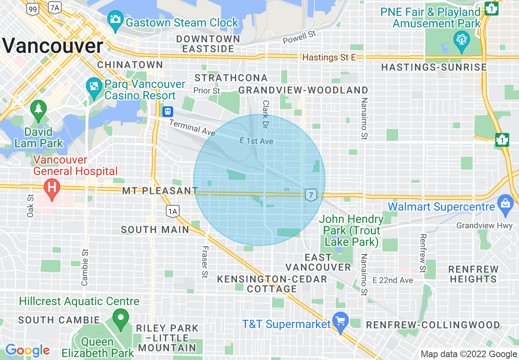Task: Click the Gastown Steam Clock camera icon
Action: click(115, 19)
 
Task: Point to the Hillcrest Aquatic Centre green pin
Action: click(120, 318)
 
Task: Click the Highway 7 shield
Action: click(311, 195)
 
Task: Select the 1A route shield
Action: click(173, 211)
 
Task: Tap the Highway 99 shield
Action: click(34, 8)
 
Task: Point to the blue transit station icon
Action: click(167, 111)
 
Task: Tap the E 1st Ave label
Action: click(256, 141)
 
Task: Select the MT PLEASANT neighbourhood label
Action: click(160, 191)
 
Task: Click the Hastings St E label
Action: click(329, 58)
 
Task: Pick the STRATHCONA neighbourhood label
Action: click(231, 78)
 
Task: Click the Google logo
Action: click(27, 351)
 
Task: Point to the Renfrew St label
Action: click(423, 253)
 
